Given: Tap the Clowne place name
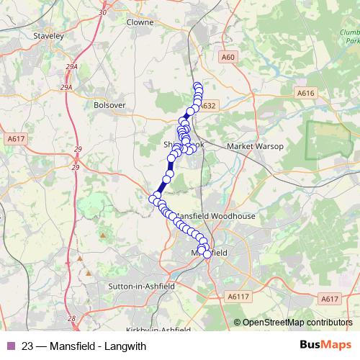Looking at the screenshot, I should [x=140, y=22].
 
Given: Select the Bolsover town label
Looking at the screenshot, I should [x=109, y=104].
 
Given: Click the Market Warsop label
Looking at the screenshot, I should [x=255, y=146].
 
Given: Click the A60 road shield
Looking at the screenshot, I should [x=228, y=56].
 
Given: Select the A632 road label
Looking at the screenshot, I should [x=208, y=105].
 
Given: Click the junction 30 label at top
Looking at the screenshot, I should [x=102, y=12].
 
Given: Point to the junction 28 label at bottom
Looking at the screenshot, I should [x=71, y=318].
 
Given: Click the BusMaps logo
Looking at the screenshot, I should [x=325, y=345].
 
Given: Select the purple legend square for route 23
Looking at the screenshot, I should [x=9, y=346].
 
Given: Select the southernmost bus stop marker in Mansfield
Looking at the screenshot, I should [x=207, y=254].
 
